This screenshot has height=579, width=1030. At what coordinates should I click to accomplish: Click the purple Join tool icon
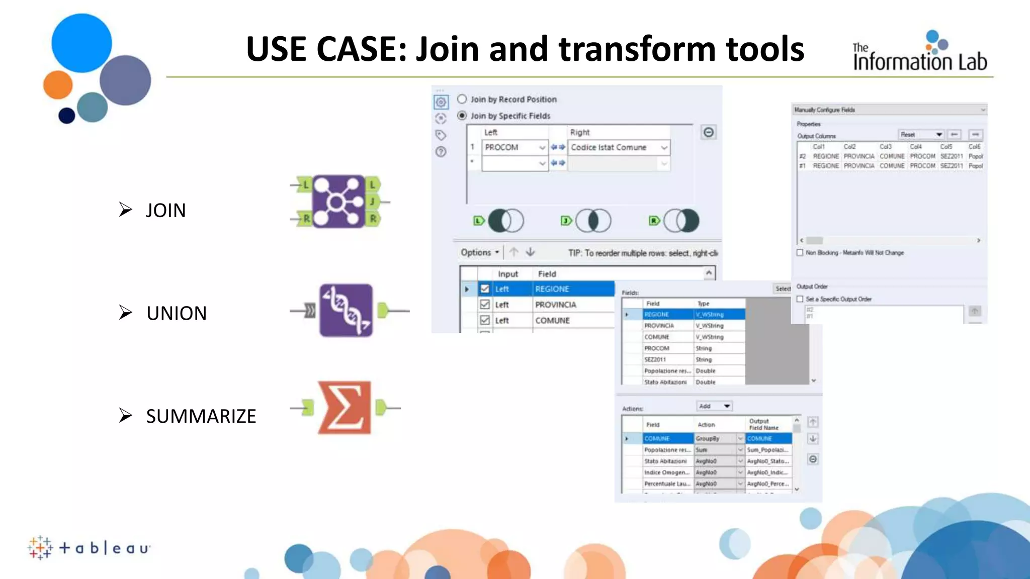pyautogui.click(x=338, y=201)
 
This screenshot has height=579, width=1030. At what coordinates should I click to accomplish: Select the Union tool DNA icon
pyautogui.click(x=346, y=310)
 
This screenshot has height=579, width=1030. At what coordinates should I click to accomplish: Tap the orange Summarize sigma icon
pyautogui.click(x=345, y=408)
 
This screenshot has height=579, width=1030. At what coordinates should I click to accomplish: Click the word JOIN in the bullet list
pyautogui.click(x=165, y=210)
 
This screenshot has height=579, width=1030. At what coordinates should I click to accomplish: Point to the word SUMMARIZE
pyautogui.click(x=201, y=416)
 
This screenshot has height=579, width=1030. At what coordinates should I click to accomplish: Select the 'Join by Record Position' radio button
pyautogui.click(x=462, y=99)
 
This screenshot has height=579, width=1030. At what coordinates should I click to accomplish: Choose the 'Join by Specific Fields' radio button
pyautogui.click(x=462, y=116)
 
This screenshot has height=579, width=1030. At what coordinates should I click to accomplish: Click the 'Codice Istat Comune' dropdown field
pyautogui.click(x=619, y=147)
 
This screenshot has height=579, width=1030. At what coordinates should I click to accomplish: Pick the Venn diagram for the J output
pyautogui.click(x=593, y=221)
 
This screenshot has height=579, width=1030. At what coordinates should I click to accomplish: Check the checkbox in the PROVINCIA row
pyautogui.click(x=485, y=305)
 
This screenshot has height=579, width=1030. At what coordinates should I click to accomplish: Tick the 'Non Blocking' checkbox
pyautogui.click(x=800, y=253)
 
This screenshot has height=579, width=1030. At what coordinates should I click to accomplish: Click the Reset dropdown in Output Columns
pyautogui.click(x=920, y=135)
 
